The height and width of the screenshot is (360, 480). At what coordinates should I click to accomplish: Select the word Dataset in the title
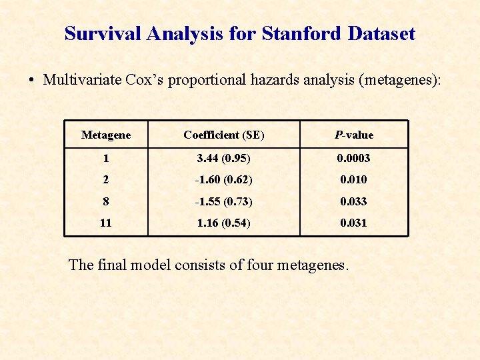point(381,33)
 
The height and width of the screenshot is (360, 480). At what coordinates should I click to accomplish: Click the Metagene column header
point(106,135)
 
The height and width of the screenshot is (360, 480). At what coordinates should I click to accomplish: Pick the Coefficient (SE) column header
point(224,135)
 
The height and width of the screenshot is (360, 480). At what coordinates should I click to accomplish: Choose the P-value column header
point(354,135)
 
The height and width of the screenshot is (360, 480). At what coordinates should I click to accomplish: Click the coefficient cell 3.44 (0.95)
point(224,158)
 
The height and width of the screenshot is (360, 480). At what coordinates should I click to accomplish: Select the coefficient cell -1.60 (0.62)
point(224,179)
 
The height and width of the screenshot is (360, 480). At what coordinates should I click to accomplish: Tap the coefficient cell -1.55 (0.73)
point(224,201)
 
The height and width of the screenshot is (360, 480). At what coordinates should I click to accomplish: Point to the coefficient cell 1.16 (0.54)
point(224,223)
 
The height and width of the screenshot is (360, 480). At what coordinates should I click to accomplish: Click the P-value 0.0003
point(354,158)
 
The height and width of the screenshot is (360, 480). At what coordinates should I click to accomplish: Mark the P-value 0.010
point(354,179)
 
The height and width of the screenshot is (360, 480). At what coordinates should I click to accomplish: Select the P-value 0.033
point(354,201)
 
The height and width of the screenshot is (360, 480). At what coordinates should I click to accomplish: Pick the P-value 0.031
point(354,223)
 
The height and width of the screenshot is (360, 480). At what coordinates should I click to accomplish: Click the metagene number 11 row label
point(106,223)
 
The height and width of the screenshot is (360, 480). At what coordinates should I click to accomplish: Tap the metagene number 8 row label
point(106,201)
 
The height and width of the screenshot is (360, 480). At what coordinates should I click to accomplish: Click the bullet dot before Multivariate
point(31,81)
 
